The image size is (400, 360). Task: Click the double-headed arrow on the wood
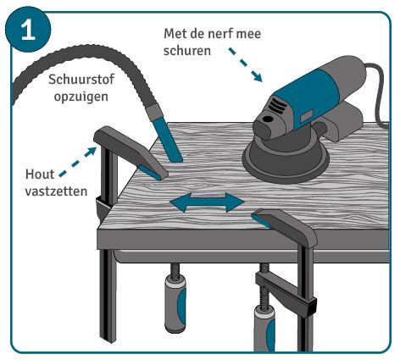tap(208, 202)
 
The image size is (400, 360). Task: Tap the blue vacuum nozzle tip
tap(169, 150)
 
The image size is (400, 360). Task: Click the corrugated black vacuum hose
tap(59, 51)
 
